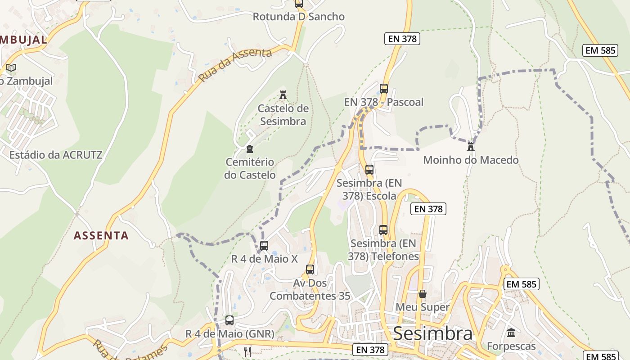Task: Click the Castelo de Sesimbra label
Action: [x=283, y=115]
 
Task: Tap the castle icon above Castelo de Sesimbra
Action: [x=283, y=95]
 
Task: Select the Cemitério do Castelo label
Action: [x=250, y=168]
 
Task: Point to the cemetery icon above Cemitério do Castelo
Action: [x=250, y=149]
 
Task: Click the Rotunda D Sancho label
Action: [x=298, y=17]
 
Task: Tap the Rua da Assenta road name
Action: [x=235, y=65]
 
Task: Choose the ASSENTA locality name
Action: [x=101, y=235]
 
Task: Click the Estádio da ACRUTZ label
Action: [x=56, y=155]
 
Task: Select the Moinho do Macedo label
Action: [x=471, y=160]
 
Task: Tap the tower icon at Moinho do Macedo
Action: [x=471, y=146]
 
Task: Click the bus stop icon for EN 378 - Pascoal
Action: [x=384, y=89]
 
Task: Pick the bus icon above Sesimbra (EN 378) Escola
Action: [x=369, y=170]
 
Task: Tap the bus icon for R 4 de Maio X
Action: [x=264, y=246]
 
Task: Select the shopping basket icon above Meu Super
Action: [x=423, y=294]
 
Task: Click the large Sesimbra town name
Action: [x=432, y=334]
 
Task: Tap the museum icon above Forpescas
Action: [x=511, y=333]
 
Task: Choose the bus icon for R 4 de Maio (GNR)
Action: [x=229, y=320]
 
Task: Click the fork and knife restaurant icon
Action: [x=247, y=351]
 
